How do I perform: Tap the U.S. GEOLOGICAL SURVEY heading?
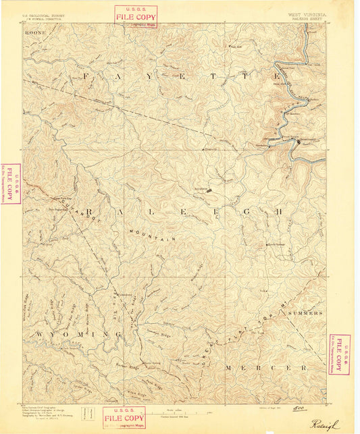42,13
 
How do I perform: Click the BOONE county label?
33,30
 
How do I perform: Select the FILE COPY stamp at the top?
136,15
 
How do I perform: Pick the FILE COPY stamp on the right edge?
339,354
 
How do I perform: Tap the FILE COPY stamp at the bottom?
124,417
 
